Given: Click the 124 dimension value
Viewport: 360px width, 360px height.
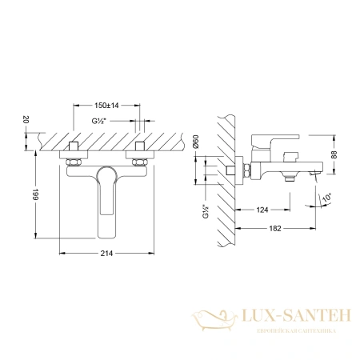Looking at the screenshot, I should pyautogui.click(x=261, y=210).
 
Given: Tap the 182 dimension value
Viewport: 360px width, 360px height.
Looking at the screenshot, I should pyautogui.click(x=274, y=230).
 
